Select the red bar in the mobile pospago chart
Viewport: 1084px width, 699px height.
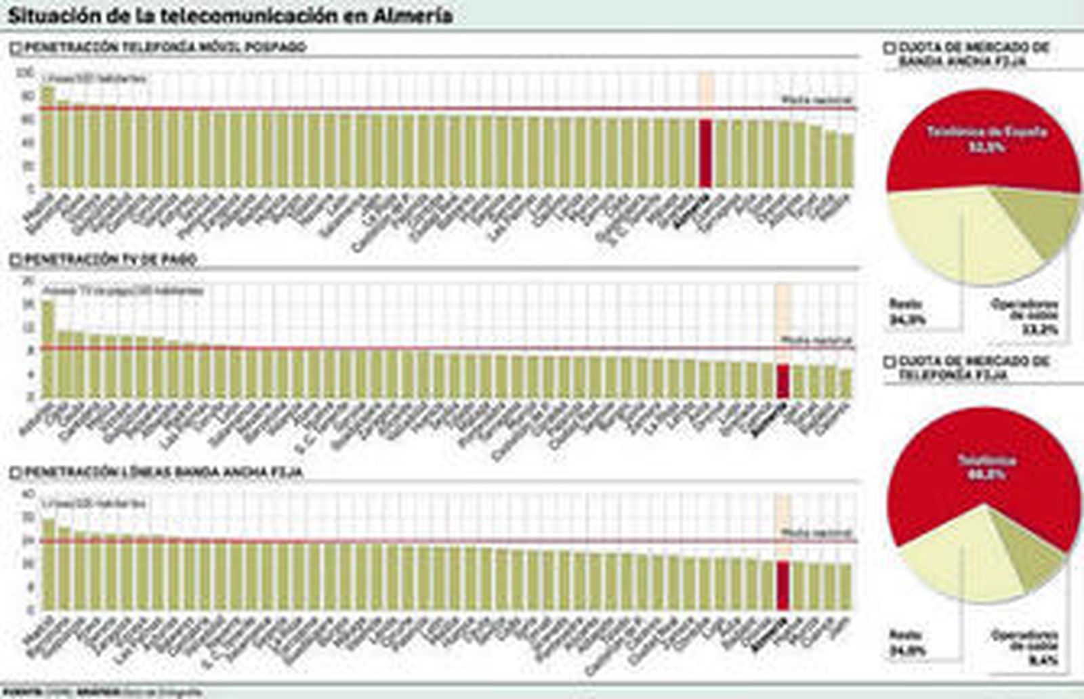[x=705, y=152]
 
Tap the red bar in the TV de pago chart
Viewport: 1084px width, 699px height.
[x=783, y=381]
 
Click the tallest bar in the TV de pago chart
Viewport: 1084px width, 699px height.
[x=47, y=349]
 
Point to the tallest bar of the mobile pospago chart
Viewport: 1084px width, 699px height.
[x=47, y=135]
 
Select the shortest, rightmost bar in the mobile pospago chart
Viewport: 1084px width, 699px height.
[x=846, y=161]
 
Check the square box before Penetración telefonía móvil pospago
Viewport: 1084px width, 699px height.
[x=15, y=48]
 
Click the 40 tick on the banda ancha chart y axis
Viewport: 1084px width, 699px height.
[x=28, y=494]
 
